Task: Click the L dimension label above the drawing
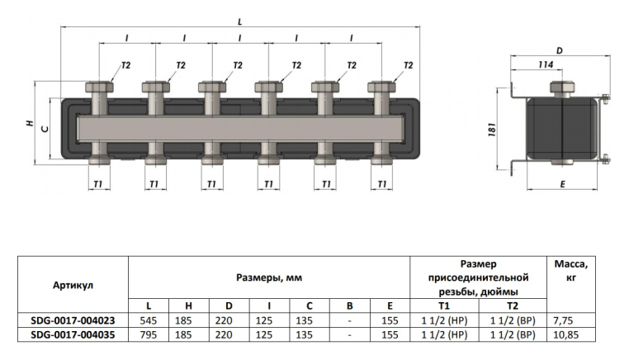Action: [240, 21]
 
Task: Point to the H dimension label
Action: [30, 124]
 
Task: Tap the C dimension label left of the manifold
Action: [45, 129]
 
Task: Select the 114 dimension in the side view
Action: [546, 64]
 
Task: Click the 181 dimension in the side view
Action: [492, 130]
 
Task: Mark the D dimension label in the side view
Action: [560, 50]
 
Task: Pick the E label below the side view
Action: [562, 184]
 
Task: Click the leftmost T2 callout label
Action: [126, 65]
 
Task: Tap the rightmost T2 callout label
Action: [408, 65]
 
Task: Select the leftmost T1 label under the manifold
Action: [98, 184]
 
